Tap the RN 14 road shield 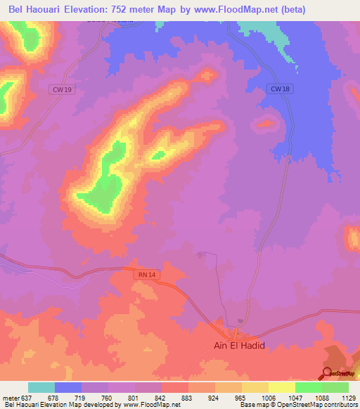click(142, 276)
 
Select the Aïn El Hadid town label click(238, 346)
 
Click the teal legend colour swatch click(41, 387)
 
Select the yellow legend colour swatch click(281, 387)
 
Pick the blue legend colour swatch click(68, 387)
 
